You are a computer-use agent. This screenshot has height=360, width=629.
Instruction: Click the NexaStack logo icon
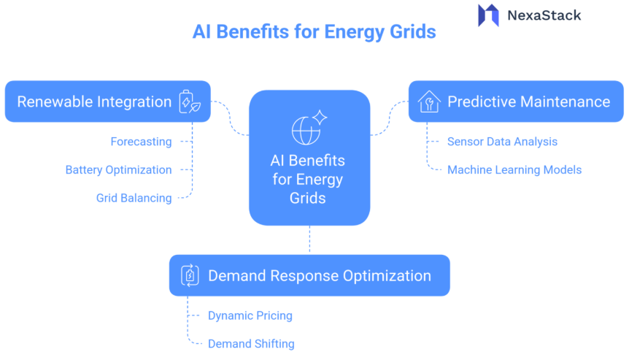(x=488, y=15)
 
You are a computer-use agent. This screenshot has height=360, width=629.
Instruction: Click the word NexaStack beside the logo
(x=543, y=15)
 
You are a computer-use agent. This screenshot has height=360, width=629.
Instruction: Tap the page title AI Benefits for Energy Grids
(x=314, y=32)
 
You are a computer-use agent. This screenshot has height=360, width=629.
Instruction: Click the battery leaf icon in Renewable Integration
(x=190, y=102)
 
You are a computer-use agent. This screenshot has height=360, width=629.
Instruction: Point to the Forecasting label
(x=141, y=142)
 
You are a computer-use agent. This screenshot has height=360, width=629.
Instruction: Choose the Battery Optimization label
(x=118, y=170)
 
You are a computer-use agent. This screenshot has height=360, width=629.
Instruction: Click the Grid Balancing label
(x=134, y=198)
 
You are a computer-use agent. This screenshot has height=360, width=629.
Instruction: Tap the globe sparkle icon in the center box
(x=309, y=127)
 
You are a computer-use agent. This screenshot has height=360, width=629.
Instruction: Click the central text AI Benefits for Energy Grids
(x=308, y=179)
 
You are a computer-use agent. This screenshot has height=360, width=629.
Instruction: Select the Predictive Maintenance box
(x=515, y=102)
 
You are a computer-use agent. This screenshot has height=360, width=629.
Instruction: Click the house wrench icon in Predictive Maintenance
(x=429, y=102)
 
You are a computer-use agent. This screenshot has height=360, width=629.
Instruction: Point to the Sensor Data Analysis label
(x=502, y=142)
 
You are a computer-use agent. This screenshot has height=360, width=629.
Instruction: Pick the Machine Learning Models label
(x=514, y=170)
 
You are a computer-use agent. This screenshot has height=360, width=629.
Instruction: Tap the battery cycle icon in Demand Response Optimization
(x=190, y=275)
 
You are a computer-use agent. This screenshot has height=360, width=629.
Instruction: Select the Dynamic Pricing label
(x=250, y=315)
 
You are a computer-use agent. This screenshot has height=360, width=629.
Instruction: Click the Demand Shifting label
(x=251, y=343)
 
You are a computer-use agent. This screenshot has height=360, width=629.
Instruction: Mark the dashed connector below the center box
(x=309, y=240)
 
